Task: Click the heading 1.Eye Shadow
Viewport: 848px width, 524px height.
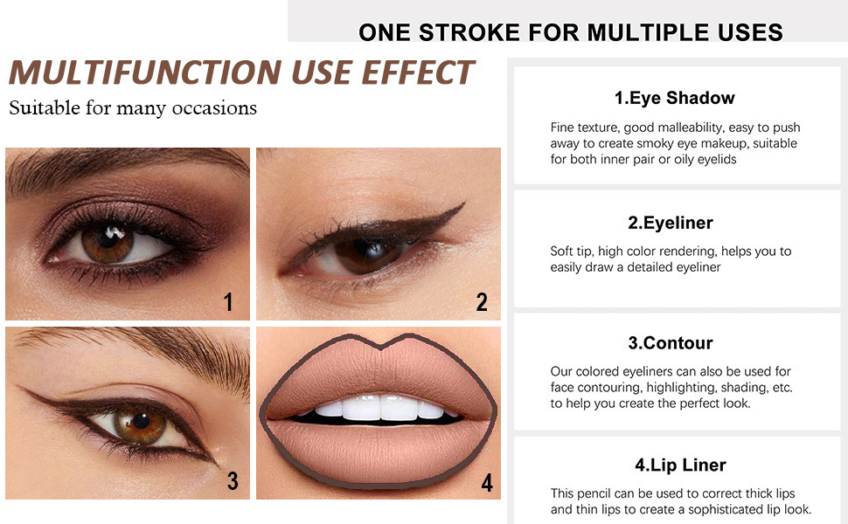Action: coord(674,98)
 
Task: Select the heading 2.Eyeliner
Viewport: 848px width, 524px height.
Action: coord(670,223)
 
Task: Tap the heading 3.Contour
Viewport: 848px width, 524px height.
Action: coord(670,342)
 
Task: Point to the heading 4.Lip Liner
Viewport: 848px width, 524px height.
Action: coord(680,465)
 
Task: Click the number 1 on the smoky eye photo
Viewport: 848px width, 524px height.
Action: coord(228,302)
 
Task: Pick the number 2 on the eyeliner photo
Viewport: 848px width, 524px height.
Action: coord(482,302)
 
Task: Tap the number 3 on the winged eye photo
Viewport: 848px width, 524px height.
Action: coord(233,480)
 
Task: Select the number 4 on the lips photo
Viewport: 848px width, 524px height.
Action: coord(487,482)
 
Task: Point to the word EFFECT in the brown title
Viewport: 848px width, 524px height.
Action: coord(418,72)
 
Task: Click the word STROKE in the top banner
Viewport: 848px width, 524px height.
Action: coord(469,32)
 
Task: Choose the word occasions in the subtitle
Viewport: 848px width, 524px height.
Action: coord(214,108)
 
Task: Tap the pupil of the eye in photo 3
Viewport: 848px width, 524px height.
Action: coord(141,420)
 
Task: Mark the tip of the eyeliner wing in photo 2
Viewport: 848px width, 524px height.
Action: coord(464,203)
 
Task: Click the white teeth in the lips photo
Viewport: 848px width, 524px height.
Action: coord(381,407)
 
